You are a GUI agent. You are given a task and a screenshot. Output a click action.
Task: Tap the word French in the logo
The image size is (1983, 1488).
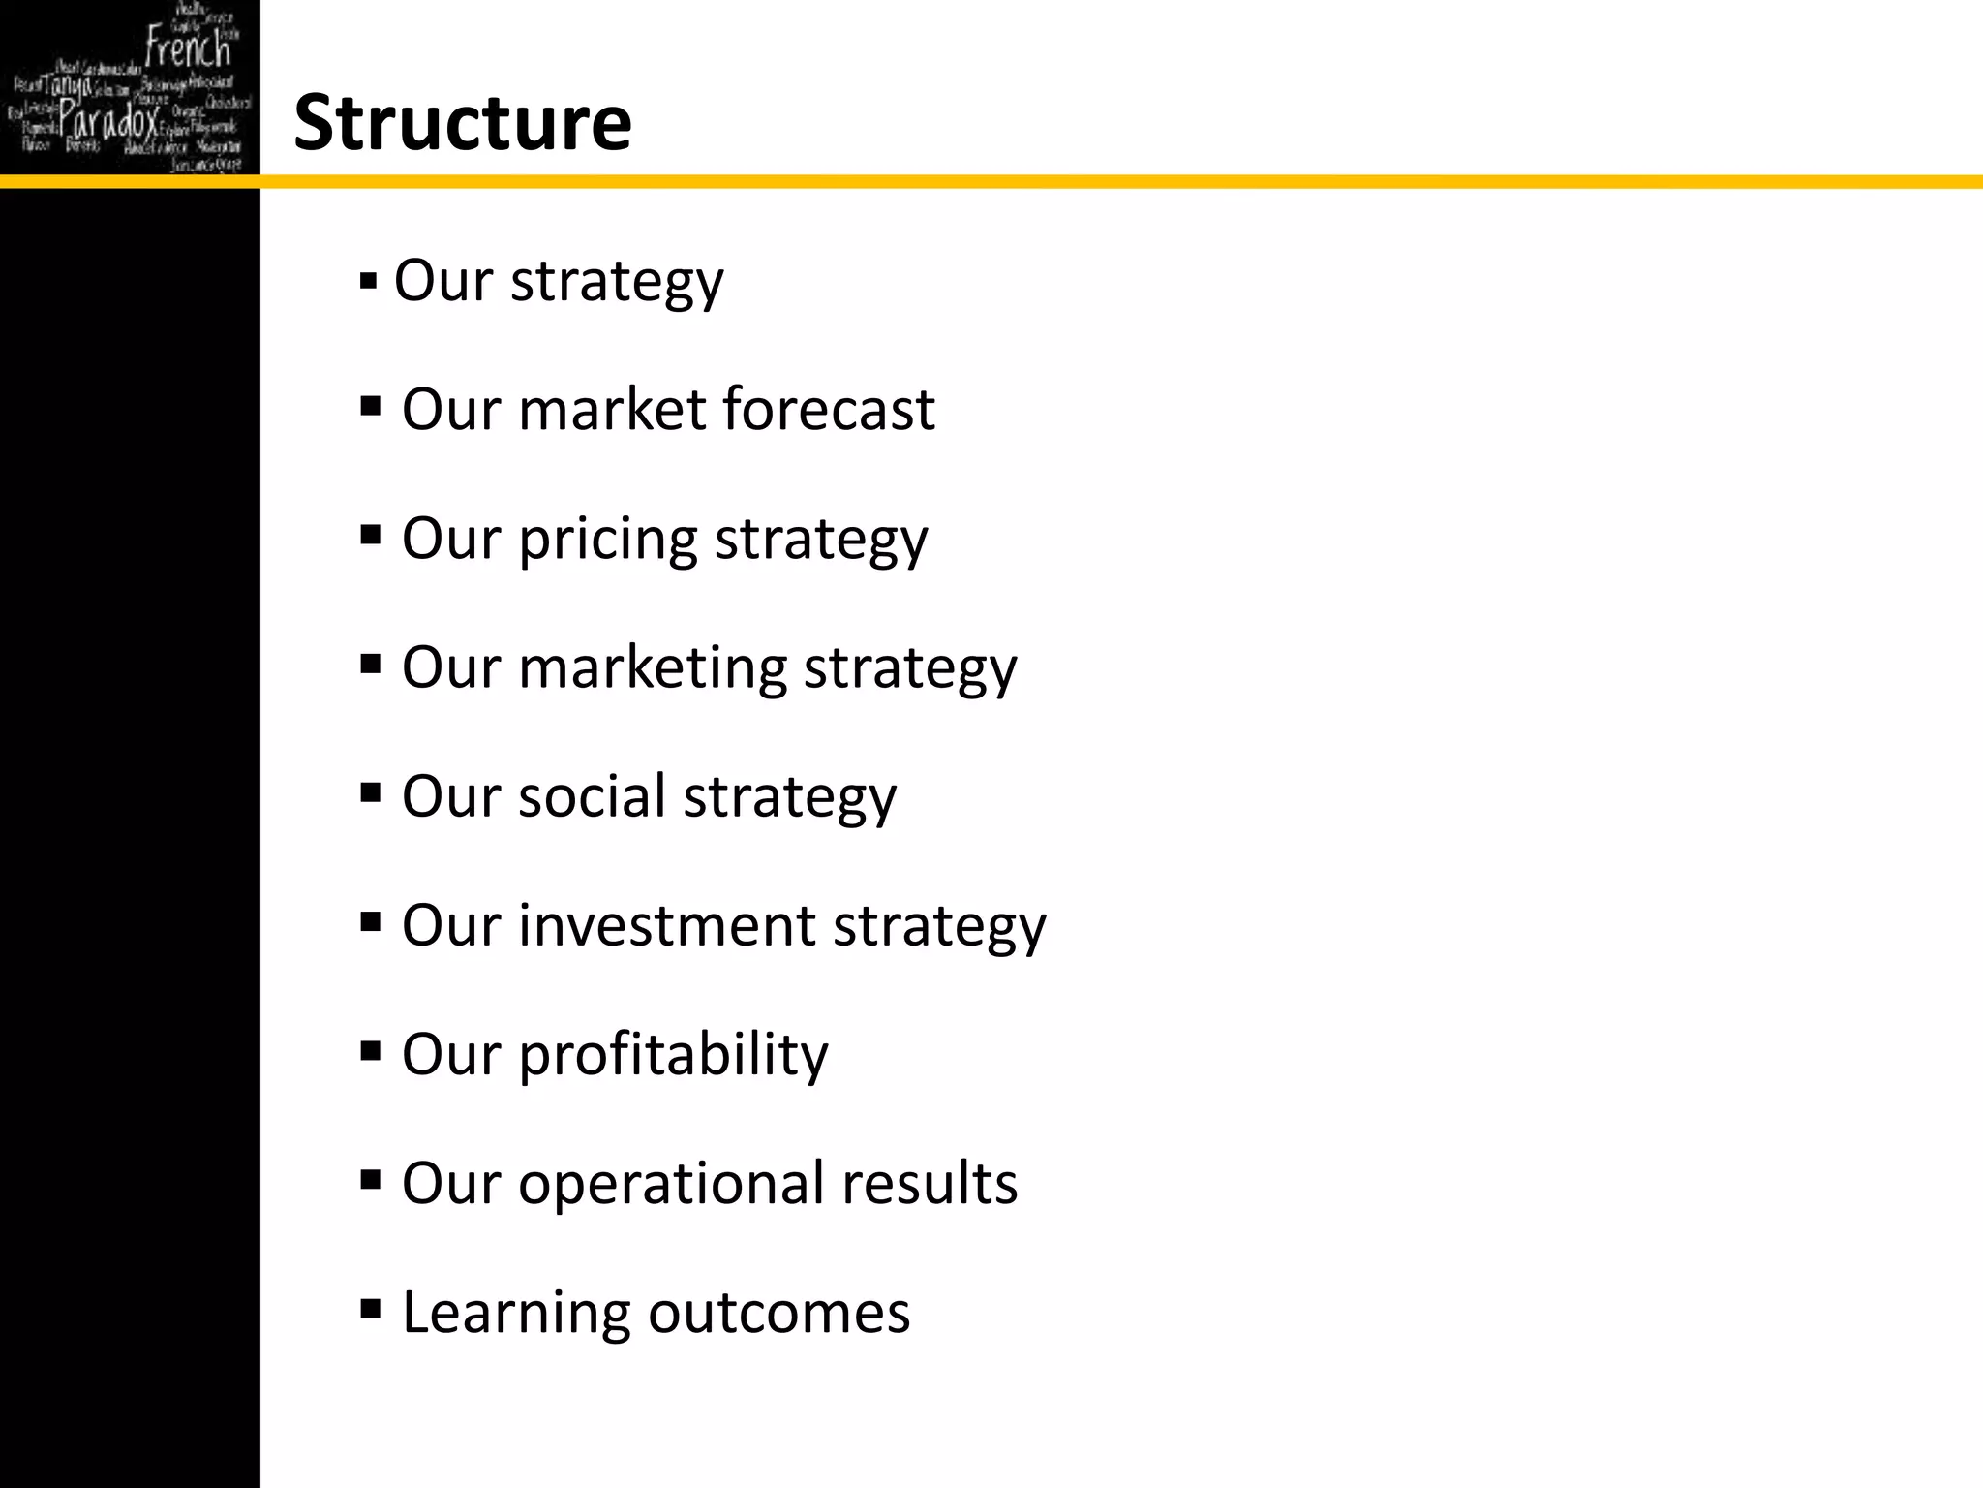188,47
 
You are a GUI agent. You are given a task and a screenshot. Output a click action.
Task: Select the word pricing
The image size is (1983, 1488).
608,539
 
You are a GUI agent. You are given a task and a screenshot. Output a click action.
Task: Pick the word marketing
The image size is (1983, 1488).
653,668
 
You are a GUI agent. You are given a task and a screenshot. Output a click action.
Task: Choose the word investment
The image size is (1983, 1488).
667,924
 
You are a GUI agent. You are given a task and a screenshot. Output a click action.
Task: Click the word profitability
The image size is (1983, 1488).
673,1054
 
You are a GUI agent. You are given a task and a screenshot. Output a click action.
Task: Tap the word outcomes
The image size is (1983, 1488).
779,1313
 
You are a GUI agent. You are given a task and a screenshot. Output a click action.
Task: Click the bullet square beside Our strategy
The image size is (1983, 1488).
368,283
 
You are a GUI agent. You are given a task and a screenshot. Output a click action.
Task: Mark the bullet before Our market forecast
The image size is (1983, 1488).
370,405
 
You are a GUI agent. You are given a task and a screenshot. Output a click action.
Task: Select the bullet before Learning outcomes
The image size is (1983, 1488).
370,1310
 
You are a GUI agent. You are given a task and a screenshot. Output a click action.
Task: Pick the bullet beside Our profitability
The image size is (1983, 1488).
370,1051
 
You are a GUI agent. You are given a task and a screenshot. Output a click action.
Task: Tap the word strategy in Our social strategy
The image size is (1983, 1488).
790,797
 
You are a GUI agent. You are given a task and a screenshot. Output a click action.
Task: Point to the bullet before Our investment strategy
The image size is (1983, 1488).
370,921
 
